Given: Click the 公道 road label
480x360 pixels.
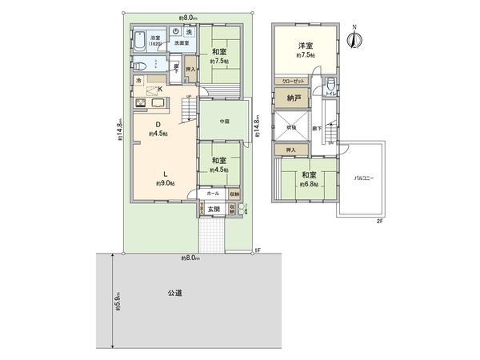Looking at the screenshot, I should click(175, 294).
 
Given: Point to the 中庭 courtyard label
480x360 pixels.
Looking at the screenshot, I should click(219, 122).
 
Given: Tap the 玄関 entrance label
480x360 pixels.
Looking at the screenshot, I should click(214, 210).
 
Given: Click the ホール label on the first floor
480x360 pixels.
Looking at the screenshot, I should click(213, 194).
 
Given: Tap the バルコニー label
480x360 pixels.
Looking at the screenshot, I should click(365, 178).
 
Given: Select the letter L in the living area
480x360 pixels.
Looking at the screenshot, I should click(165, 173).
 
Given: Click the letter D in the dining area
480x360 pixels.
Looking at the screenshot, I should click(158, 124).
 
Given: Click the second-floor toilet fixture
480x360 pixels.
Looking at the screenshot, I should click(333, 84).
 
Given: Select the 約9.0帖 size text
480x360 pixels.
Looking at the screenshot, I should click(166, 183).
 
